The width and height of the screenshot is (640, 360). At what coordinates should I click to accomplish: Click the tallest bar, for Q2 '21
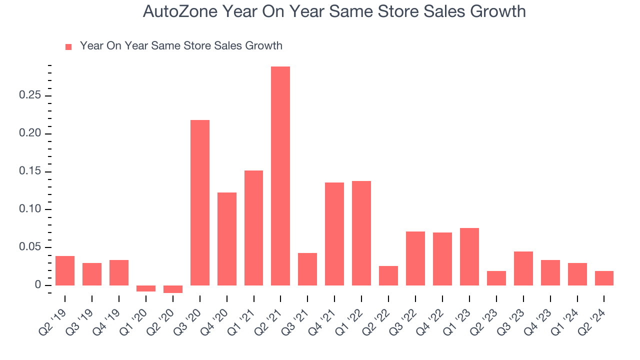click(x=280, y=176)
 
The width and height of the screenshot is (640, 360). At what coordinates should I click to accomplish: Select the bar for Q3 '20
click(x=199, y=202)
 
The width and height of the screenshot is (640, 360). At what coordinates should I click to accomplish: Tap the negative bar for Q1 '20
click(x=145, y=288)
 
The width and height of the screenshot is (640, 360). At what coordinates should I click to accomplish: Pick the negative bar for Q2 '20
click(x=172, y=289)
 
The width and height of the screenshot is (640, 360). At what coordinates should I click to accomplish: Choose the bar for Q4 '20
click(x=226, y=239)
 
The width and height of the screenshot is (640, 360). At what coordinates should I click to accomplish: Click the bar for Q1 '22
click(x=361, y=233)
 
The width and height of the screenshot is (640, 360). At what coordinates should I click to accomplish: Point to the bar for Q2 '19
click(x=65, y=270)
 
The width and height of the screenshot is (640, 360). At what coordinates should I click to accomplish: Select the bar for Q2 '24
click(x=604, y=278)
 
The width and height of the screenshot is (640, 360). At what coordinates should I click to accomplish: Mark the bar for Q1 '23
click(x=469, y=256)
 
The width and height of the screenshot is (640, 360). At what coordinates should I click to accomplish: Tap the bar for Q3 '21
click(x=307, y=269)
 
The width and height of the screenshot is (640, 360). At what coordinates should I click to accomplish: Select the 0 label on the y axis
click(x=37, y=285)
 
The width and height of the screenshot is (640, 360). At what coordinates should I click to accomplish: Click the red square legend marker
click(x=68, y=46)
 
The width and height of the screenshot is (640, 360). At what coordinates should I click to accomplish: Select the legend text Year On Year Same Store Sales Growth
click(x=181, y=46)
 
